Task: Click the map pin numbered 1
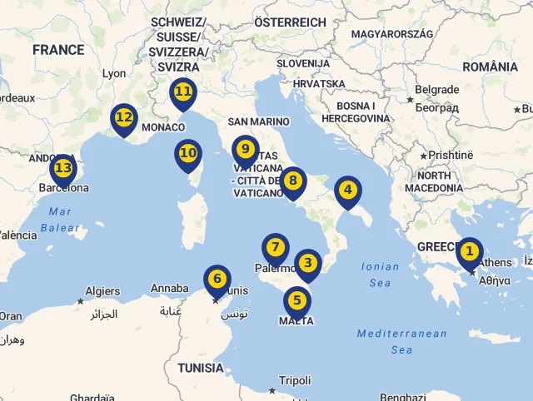click(x=470, y=251)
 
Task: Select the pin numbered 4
click(x=347, y=191)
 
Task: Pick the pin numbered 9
click(x=245, y=150)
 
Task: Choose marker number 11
click(x=182, y=92)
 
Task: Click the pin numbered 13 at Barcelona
click(x=62, y=169)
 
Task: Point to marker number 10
click(x=188, y=154)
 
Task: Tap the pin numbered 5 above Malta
click(x=297, y=301)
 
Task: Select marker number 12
click(x=124, y=118)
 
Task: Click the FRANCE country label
click(x=58, y=50)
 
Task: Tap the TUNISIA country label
click(x=200, y=367)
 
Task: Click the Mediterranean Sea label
click(x=402, y=341)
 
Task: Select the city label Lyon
click(x=114, y=73)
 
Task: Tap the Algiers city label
click(x=103, y=291)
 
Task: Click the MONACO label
click(x=163, y=127)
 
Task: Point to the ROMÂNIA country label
click(x=490, y=67)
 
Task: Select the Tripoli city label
click(x=295, y=380)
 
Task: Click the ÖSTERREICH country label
click(x=290, y=22)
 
